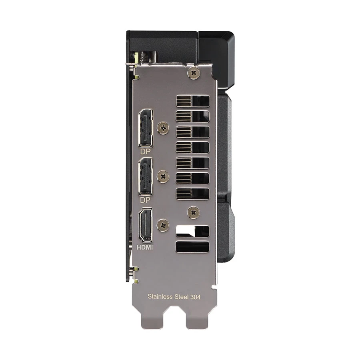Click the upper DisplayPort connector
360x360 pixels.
click(x=146, y=128)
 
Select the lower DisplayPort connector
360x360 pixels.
click(x=146, y=176)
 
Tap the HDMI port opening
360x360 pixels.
click(x=146, y=225)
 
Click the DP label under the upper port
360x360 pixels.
click(x=145, y=152)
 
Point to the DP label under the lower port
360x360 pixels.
click(x=145, y=200)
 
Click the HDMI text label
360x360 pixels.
click(x=145, y=247)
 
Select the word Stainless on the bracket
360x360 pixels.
click(x=160, y=296)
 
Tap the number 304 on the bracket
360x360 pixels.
click(x=196, y=297)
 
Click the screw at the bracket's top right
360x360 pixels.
click(x=194, y=73)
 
